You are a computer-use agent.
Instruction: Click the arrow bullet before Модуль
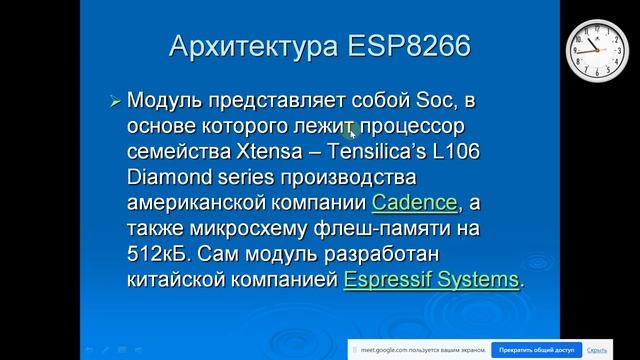115,102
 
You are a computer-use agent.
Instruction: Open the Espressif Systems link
431,280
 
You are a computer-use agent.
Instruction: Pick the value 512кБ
157,255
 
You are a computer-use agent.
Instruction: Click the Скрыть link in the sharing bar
597,350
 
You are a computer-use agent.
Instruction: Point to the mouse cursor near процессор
351,128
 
